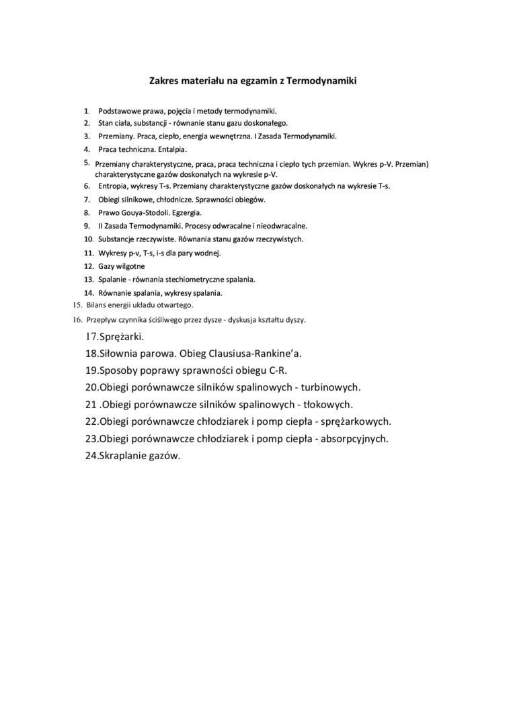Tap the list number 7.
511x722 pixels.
[x=87, y=200]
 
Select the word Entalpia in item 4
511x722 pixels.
[x=171, y=149]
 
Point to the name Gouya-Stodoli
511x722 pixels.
[x=144, y=212]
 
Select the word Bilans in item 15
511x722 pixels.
[x=97, y=305]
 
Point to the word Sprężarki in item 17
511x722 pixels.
[x=121, y=336]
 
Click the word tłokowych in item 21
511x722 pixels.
[x=328, y=405]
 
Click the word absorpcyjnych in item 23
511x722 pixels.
[x=354, y=438]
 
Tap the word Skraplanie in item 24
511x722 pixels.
[x=123, y=455]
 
